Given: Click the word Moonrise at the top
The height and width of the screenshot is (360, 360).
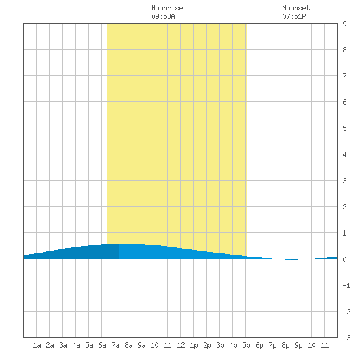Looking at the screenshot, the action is click(167, 8).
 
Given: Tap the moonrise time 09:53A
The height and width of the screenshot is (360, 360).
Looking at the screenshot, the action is click(163, 16).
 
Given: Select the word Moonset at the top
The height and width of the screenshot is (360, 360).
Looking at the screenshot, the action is click(296, 8).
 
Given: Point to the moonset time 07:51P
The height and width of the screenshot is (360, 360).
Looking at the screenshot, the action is click(294, 16).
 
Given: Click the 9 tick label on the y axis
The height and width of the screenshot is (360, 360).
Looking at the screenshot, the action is click(344, 24).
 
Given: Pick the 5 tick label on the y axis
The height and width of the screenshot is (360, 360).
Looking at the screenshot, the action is click(344, 128).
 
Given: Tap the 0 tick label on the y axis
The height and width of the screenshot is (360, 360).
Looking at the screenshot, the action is click(344, 259).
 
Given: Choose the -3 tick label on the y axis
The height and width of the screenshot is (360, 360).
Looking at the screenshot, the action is click(346, 338).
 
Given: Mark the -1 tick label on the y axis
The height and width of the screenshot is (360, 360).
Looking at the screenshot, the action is click(346, 285).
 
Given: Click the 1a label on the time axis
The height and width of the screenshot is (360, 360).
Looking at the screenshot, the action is click(37, 345).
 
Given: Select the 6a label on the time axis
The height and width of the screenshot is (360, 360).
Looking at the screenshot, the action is click(102, 345).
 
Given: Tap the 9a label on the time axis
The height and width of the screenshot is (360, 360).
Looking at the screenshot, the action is click(141, 345).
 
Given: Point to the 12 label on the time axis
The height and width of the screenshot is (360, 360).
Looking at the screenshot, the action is click(181, 345).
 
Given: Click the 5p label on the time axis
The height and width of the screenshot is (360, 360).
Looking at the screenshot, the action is click(246, 345).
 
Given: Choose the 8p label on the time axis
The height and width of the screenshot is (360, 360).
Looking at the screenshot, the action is click(285, 345).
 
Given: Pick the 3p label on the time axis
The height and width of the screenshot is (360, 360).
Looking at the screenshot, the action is click(220, 345).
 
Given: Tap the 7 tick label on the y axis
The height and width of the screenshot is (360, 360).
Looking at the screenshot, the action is click(344, 76).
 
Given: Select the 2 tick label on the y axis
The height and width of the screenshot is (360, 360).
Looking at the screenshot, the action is click(344, 207).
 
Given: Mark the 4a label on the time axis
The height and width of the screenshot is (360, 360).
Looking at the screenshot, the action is click(76, 345).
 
